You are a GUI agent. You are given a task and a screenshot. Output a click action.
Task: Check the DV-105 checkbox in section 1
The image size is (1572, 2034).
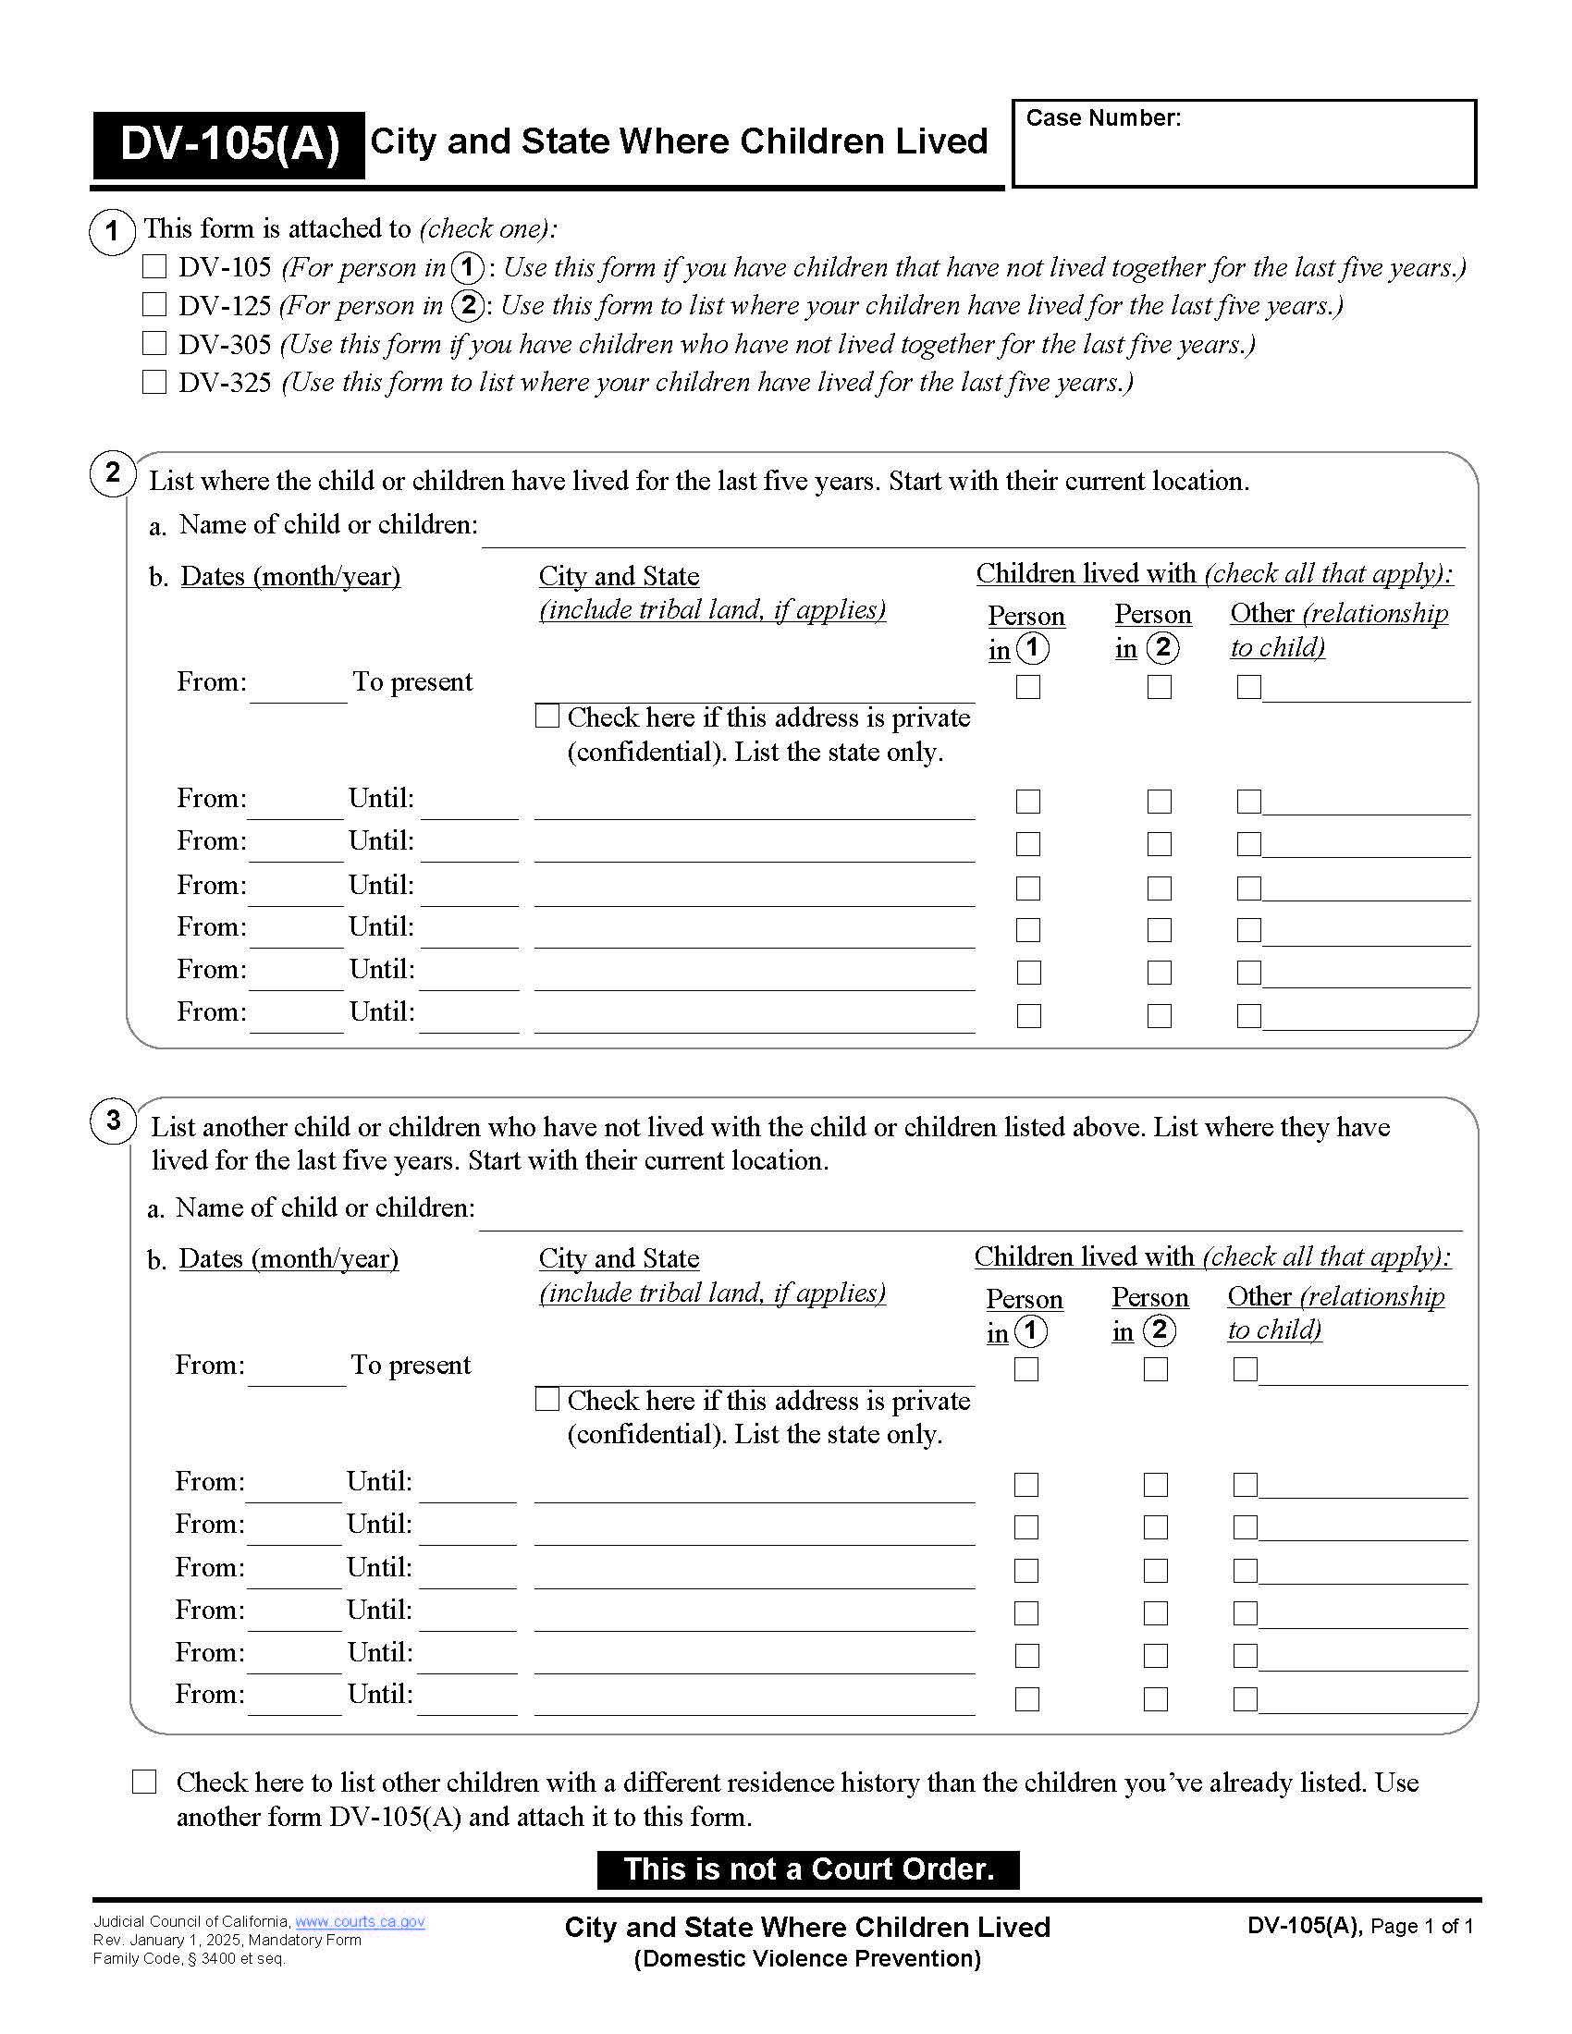click(154, 267)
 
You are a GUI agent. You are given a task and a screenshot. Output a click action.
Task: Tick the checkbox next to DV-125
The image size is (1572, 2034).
click(154, 305)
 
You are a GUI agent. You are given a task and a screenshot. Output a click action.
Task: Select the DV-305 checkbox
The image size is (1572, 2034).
click(154, 344)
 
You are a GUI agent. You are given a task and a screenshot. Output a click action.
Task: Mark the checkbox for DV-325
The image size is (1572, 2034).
click(154, 382)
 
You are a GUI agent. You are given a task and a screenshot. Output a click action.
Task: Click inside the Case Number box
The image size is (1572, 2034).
click(1243, 153)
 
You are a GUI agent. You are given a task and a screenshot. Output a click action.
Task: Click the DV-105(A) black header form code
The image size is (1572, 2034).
click(229, 144)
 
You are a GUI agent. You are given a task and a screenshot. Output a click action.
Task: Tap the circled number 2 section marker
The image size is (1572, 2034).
click(113, 473)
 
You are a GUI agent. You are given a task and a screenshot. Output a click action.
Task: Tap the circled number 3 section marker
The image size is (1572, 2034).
click(113, 1120)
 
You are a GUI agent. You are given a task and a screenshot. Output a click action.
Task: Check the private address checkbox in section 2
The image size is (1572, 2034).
click(547, 717)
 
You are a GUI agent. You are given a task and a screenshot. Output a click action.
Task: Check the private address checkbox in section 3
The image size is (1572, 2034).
click(547, 1399)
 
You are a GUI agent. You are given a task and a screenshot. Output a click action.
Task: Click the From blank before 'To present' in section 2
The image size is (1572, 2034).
click(298, 690)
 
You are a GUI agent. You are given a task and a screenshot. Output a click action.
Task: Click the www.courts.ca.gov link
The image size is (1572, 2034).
click(360, 1921)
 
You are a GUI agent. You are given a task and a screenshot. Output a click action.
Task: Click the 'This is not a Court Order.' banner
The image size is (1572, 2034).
click(807, 1869)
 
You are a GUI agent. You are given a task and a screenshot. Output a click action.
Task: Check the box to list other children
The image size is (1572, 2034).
click(144, 1782)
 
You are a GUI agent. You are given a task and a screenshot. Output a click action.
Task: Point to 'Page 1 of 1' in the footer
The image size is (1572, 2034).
click(1421, 1926)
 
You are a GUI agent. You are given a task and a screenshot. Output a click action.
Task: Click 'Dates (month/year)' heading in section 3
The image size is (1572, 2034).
click(289, 1258)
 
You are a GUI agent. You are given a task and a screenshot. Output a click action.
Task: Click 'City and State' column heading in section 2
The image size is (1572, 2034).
click(619, 577)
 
